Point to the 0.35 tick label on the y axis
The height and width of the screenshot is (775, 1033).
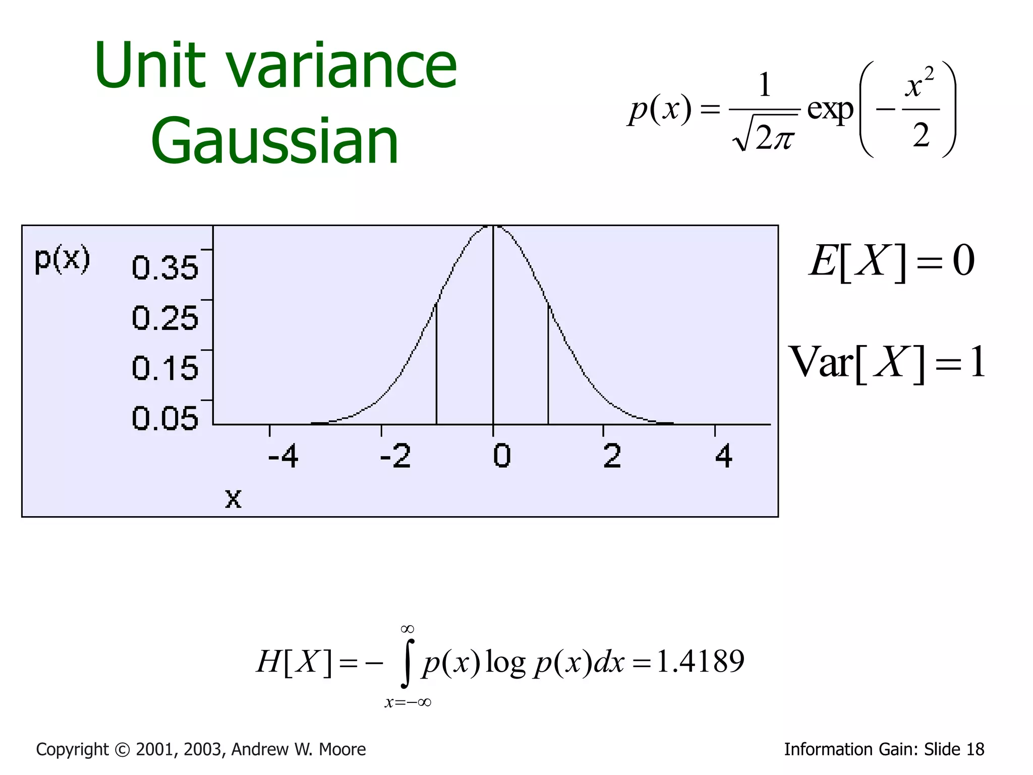click(165, 267)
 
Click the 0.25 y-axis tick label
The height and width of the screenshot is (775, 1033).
click(165, 318)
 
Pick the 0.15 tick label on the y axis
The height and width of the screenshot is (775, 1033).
click(165, 368)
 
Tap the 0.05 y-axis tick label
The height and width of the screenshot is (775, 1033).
click(165, 418)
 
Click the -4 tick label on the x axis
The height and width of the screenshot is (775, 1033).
click(283, 456)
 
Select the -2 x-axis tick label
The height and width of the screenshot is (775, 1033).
click(395, 456)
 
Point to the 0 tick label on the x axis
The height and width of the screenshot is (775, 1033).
click(501, 456)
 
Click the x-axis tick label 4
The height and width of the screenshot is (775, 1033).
click(724, 456)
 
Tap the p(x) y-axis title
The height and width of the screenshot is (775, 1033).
click(62, 259)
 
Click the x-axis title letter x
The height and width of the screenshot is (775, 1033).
click(233, 499)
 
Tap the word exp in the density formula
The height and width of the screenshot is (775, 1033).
click(830, 108)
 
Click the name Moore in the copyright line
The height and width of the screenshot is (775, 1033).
click(342, 750)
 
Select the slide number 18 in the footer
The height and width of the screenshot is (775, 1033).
click(975, 750)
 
